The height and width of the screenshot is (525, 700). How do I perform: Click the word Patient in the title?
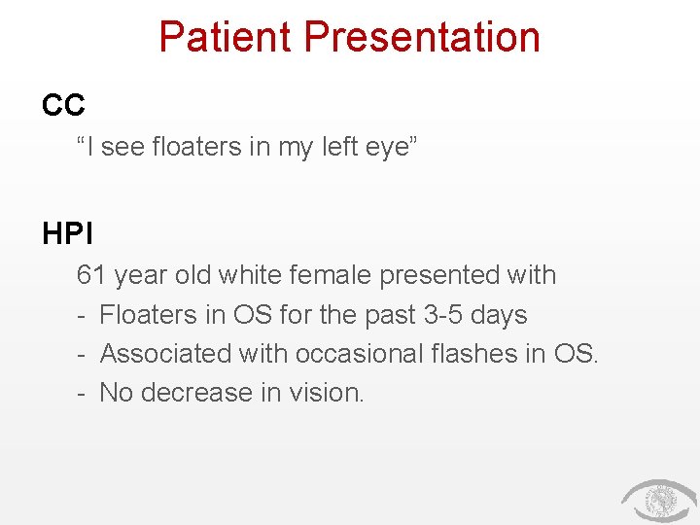pos(226,37)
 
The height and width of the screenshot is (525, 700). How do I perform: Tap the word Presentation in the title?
pos(422,37)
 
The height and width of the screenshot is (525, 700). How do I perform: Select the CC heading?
pos(64,104)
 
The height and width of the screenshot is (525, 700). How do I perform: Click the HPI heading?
pos(67,233)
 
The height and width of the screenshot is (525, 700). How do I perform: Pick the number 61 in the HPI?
pos(91,275)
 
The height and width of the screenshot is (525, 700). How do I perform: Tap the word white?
pos(252,275)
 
